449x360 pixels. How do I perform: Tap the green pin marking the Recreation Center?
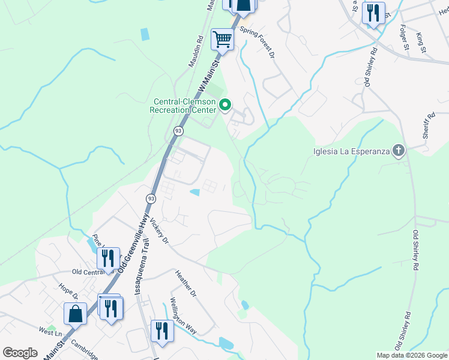(226, 106)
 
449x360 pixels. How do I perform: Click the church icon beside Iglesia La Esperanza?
(398, 150)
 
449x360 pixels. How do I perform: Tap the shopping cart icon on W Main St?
(222, 40)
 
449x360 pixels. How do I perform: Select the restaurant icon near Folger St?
(373, 13)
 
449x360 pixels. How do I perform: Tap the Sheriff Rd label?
(428, 126)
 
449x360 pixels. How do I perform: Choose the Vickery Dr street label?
(161, 230)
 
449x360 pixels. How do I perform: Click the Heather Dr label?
(185, 283)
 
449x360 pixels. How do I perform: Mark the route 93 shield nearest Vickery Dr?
(151, 198)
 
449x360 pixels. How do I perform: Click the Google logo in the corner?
(20, 352)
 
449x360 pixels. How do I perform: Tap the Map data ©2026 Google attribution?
(411, 355)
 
